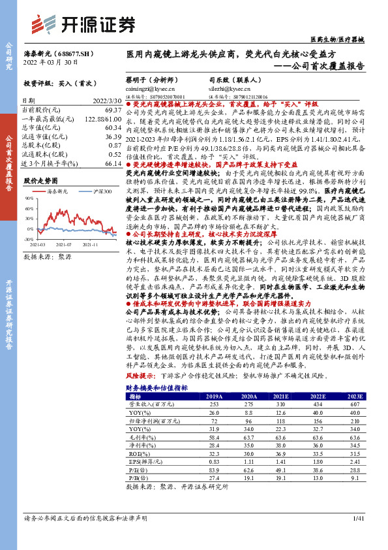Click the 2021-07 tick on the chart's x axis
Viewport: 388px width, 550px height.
pyautogui.click(x=63, y=244)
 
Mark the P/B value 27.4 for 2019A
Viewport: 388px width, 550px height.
pyautogui.click(x=214, y=477)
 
